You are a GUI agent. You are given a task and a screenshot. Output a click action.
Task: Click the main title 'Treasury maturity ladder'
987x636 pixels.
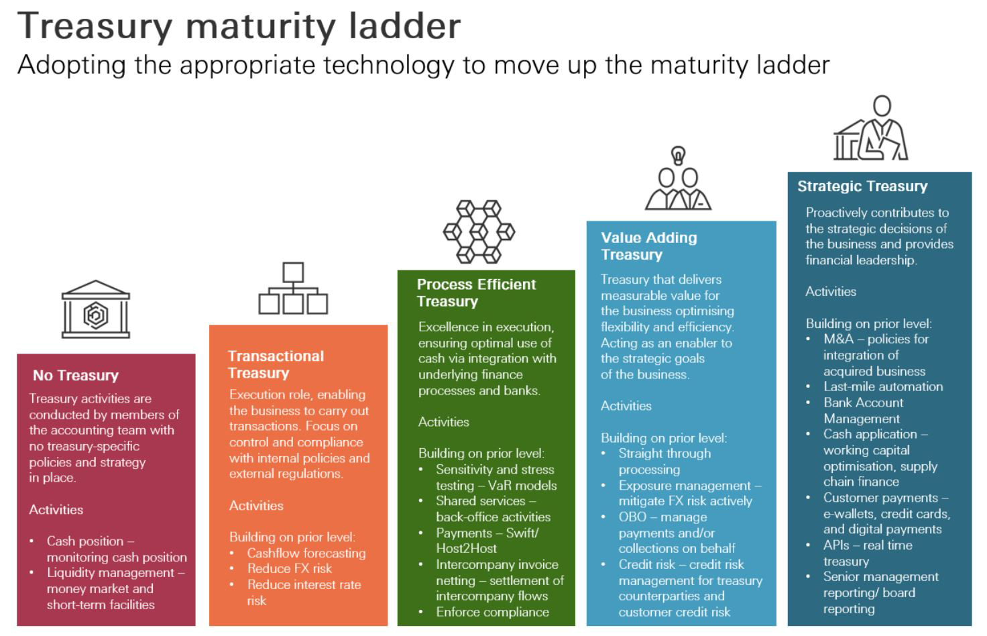click(x=239, y=27)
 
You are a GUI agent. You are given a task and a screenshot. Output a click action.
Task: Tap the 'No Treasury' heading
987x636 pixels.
click(x=76, y=375)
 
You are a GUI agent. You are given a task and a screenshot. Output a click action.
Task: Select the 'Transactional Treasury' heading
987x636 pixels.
click(x=276, y=364)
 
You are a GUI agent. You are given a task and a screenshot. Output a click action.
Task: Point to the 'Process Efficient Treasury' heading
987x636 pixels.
click(x=476, y=293)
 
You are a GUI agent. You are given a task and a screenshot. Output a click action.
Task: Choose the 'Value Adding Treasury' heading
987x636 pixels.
click(x=648, y=246)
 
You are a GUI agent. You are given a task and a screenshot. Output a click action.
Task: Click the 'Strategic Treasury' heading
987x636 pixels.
click(x=862, y=186)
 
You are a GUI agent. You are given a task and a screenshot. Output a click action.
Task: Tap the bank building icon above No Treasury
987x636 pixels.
click(x=95, y=309)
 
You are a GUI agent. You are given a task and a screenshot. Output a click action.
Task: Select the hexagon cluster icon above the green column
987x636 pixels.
click(x=479, y=231)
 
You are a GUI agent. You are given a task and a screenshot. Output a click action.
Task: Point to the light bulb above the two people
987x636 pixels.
click(x=678, y=156)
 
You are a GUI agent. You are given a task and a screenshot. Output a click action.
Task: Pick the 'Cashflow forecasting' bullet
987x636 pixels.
click(x=306, y=553)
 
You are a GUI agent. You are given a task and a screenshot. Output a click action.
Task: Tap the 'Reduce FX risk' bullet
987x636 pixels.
click(x=290, y=568)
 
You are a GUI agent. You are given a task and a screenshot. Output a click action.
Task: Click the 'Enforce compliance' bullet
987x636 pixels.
click(x=492, y=612)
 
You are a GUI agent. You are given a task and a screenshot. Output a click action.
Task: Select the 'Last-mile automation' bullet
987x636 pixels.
click(x=883, y=386)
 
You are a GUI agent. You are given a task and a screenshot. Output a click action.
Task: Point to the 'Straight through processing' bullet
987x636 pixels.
click(x=664, y=461)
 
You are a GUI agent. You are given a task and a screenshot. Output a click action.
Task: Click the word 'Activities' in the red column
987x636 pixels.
click(x=56, y=509)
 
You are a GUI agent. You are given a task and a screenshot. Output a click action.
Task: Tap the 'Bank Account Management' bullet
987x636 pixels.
click(x=863, y=411)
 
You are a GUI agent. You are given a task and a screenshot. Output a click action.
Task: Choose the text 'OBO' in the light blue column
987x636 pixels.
click(x=632, y=517)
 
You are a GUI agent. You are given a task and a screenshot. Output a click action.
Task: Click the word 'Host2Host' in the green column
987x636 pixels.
click(x=466, y=548)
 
